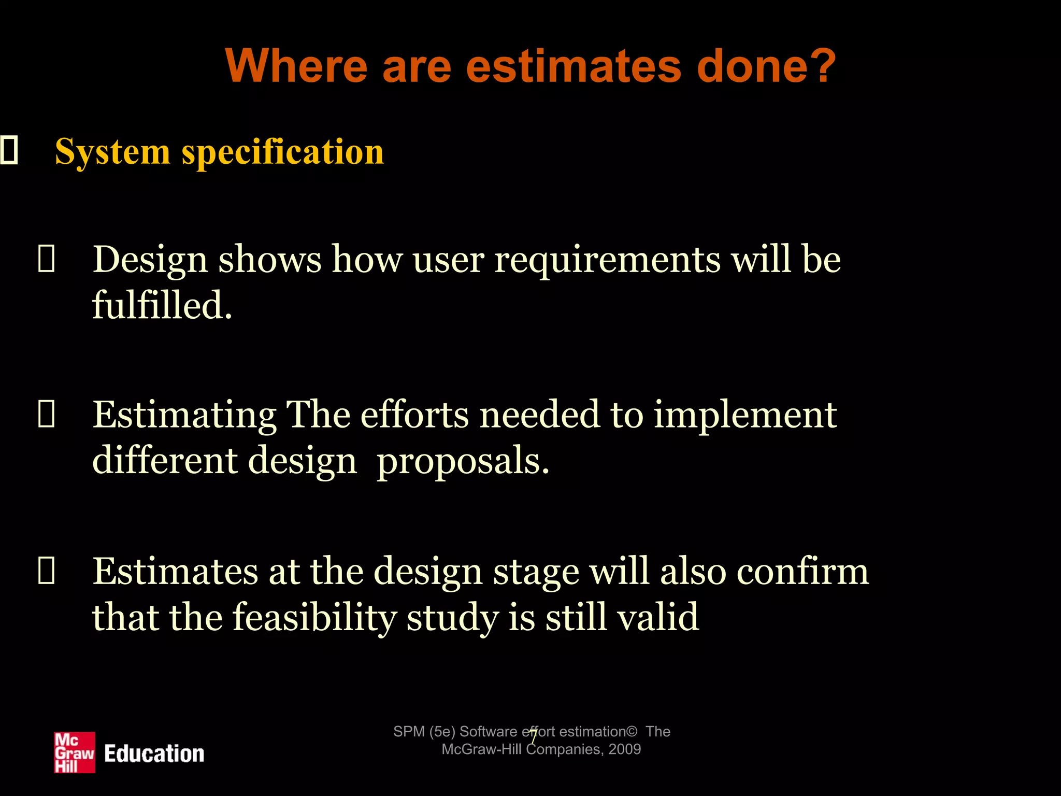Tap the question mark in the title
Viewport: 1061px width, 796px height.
(822, 66)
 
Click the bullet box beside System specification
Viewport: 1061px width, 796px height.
(9, 150)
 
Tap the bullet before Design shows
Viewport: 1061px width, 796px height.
(46, 259)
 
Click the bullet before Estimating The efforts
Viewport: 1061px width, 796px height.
(46, 415)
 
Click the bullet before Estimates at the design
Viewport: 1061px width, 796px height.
(46, 571)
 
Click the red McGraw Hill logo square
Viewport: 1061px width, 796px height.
(75, 752)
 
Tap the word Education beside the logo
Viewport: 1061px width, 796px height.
(154, 754)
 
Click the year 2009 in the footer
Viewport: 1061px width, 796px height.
(625, 749)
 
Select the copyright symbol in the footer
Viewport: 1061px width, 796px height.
(632, 732)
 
